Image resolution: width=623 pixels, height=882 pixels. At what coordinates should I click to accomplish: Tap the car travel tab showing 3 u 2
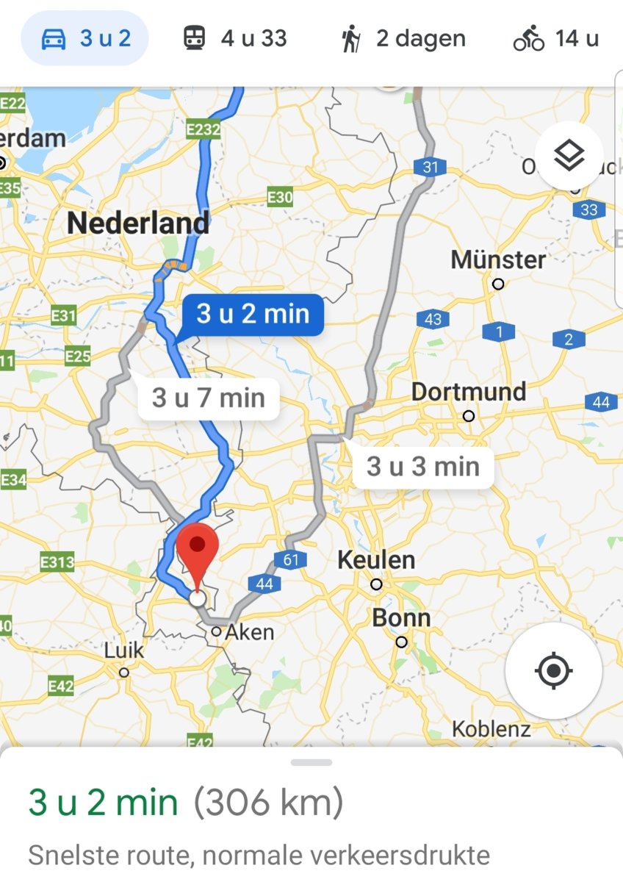pyautogui.click(x=84, y=38)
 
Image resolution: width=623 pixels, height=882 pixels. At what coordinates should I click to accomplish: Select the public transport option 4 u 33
pyautogui.click(x=234, y=38)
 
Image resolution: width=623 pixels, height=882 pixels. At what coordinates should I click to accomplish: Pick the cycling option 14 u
pyautogui.click(x=556, y=38)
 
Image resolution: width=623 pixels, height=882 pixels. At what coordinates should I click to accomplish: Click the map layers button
pyautogui.click(x=569, y=155)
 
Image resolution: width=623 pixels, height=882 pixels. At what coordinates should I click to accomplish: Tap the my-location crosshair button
pyautogui.click(x=554, y=670)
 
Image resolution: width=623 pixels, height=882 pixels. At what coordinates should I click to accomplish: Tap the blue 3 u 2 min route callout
pyautogui.click(x=253, y=315)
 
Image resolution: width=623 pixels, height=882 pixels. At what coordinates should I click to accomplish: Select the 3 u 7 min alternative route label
pyautogui.click(x=208, y=398)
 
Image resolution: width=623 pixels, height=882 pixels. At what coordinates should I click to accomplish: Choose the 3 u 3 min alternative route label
pyautogui.click(x=423, y=466)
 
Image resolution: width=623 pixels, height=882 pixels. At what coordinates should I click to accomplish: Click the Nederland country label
pyautogui.click(x=138, y=223)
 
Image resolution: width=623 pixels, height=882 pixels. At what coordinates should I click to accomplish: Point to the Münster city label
pyautogui.click(x=498, y=259)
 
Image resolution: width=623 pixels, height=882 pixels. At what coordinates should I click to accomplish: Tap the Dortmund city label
pyautogui.click(x=469, y=392)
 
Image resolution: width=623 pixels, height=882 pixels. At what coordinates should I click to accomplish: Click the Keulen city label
pyautogui.click(x=376, y=560)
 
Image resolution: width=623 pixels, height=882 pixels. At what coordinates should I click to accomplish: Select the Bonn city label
pyautogui.click(x=401, y=618)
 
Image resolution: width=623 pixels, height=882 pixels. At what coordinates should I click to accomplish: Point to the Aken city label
pyautogui.click(x=250, y=631)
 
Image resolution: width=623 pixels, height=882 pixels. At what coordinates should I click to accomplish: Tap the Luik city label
pyautogui.click(x=125, y=650)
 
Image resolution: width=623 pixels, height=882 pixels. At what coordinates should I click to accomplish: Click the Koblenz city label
pyautogui.click(x=491, y=729)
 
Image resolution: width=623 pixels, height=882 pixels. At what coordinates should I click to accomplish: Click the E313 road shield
pyautogui.click(x=57, y=563)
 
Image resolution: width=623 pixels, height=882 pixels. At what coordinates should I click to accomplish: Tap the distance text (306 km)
pyautogui.click(x=268, y=803)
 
